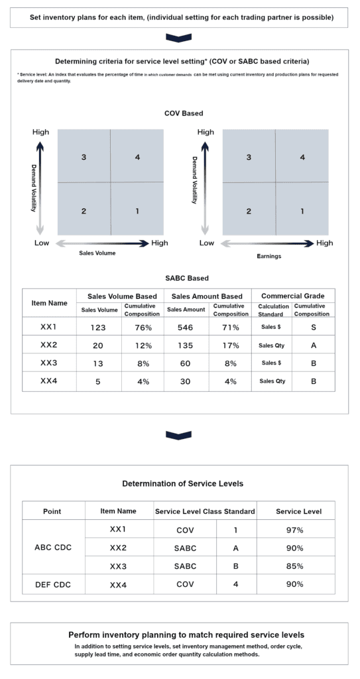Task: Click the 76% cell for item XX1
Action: tap(143, 327)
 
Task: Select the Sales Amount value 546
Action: tap(186, 327)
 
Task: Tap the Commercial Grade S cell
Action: tap(313, 327)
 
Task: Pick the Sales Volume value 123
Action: tap(99, 327)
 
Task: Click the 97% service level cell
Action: tap(290, 530)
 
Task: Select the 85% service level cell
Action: tap(290, 566)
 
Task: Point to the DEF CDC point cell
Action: tap(53, 584)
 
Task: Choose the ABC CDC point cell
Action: tap(53, 548)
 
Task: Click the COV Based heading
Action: tap(184, 113)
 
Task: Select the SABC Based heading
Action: tap(184, 278)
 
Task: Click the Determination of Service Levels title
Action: tap(182, 483)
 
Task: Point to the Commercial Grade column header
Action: tap(293, 296)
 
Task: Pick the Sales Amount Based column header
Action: tap(207, 296)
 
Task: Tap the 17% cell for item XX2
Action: tap(230, 345)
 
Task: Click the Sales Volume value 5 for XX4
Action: tap(99, 381)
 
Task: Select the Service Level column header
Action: tap(298, 511)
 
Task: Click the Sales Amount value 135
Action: tap(186, 345)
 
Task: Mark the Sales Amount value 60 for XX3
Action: tap(186, 363)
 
